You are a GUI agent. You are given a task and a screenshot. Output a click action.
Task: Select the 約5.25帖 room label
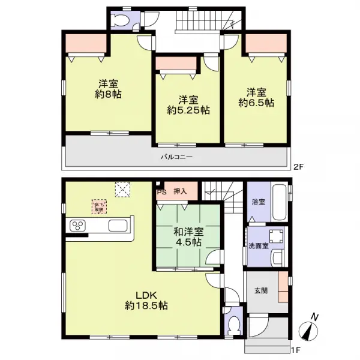coord(188,110)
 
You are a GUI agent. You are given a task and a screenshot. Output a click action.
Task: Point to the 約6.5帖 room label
coord(256,103)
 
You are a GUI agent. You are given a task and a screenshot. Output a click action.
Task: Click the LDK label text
coord(146,295)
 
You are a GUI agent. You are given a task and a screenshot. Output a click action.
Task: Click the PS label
coord(161,193)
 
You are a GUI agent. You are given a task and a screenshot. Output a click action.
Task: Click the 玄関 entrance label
coord(260,292)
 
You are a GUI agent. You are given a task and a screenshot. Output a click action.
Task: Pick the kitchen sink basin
coord(118,226)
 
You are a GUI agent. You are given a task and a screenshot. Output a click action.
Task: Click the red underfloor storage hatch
coord(97,207)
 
